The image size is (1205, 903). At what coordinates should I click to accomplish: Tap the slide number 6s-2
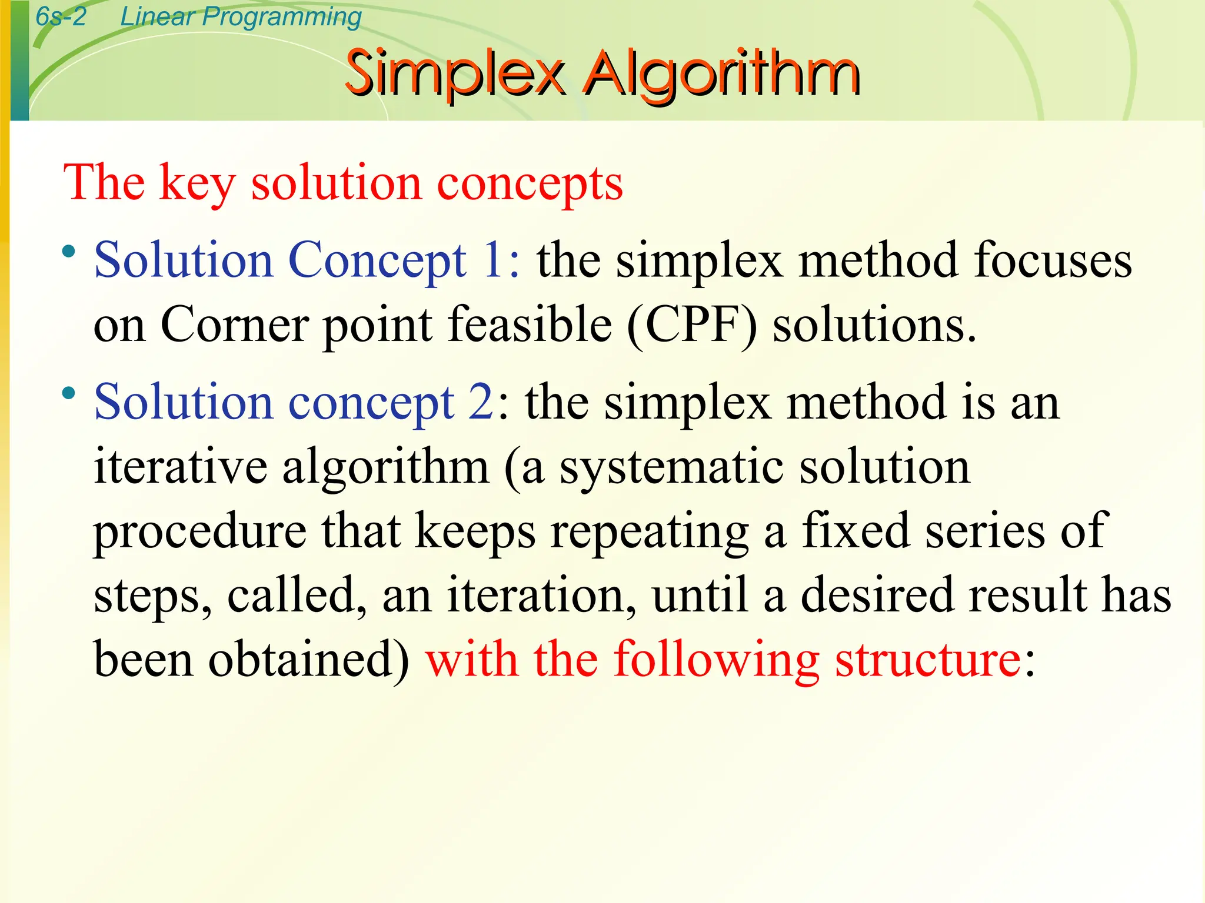coord(61,16)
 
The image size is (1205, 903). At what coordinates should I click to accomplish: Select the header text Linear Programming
coord(241,16)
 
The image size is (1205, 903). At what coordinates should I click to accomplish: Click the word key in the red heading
coord(197,183)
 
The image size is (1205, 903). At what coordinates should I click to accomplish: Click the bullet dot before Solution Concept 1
coord(69,252)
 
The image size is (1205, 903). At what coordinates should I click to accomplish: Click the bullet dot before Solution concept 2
coord(69,393)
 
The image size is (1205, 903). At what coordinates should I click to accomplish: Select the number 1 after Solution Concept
coord(492,260)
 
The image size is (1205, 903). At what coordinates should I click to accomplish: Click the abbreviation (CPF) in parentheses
coord(692,325)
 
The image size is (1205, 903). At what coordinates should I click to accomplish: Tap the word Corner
coord(234,325)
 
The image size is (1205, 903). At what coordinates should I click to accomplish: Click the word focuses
coord(1052,260)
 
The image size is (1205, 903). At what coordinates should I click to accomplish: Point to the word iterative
coord(181,467)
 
